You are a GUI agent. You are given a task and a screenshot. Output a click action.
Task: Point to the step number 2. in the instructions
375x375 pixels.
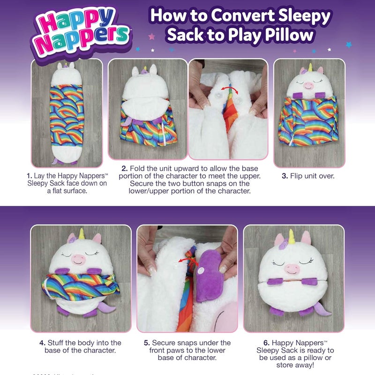pos(125,168)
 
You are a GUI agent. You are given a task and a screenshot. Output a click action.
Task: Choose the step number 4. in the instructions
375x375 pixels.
pos(42,343)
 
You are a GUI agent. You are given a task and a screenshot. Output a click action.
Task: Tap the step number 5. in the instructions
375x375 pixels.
pos(147,343)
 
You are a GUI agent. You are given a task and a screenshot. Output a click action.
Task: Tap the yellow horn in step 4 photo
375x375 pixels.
pos(82,233)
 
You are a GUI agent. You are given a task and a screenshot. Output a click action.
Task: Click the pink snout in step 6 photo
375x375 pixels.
pos(292,269)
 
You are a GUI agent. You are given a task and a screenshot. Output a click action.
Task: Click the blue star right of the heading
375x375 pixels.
pos(348,45)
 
